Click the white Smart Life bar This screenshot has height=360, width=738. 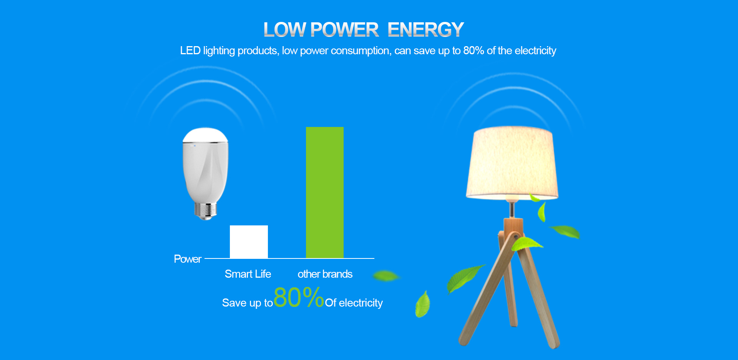click(x=249, y=242)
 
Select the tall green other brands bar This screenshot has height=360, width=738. click(x=325, y=192)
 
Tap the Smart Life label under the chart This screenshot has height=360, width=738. click(x=248, y=274)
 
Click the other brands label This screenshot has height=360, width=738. click(x=325, y=274)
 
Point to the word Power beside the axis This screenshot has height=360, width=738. click(x=188, y=259)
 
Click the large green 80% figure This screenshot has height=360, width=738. click(x=299, y=297)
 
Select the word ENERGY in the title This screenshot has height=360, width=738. click(x=426, y=30)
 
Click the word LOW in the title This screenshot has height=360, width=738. click(x=284, y=30)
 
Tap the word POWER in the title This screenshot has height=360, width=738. click(x=344, y=30)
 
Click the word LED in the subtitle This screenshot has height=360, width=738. click(x=190, y=50)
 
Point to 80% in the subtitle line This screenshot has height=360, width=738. click(x=474, y=50)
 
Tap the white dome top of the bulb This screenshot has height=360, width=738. click(x=205, y=135)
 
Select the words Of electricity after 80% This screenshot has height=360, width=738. click(x=354, y=303)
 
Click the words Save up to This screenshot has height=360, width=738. click(x=248, y=303)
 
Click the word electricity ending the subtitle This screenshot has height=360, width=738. click(x=535, y=50)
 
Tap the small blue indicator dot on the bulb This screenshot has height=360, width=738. click(x=195, y=146)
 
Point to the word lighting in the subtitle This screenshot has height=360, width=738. click(x=219, y=51)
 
